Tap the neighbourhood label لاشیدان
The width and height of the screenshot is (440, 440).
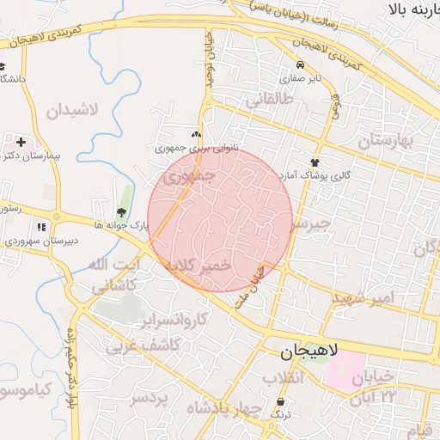(x=72, y=111)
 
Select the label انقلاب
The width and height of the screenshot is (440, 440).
(x=278, y=379)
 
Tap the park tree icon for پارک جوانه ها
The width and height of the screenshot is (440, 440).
(x=120, y=212)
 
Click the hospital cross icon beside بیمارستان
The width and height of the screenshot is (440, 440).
(x=21, y=142)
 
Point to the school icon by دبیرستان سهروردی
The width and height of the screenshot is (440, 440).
(x=41, y=227)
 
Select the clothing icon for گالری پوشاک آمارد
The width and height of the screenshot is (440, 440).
(x=315, y=162)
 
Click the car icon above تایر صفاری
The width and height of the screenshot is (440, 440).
(x=299, y=65)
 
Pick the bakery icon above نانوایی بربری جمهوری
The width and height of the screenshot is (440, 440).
(x=196, y=134)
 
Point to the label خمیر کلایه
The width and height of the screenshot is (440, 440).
(x=201, y=267)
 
